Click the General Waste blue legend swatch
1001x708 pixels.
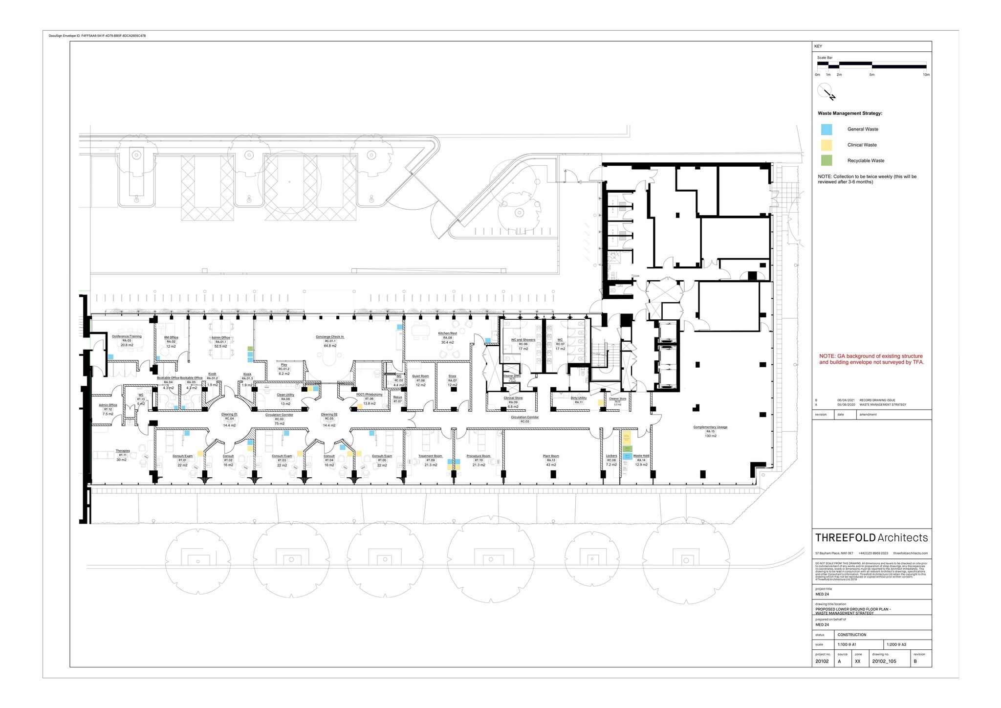pos(827,130)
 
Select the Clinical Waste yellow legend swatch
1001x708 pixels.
pos(827,145)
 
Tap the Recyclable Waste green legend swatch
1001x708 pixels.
pos(827,160)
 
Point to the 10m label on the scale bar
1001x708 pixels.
pos(926,75)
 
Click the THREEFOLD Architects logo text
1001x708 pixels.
pos(871,538)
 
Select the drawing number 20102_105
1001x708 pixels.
pos(884,662)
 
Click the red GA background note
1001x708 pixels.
pos(871,359)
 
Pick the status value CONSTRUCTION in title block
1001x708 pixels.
pos(851,635)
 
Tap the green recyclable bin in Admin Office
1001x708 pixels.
pos(250,349)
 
